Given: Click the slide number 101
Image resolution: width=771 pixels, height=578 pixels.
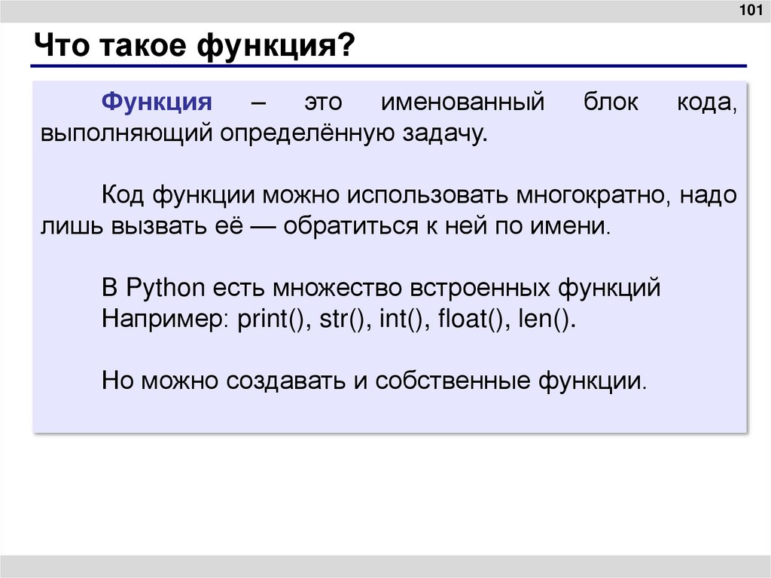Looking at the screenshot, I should tap(748, 11).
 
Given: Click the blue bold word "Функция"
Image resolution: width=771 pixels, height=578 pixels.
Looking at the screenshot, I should tap(157, 102).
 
